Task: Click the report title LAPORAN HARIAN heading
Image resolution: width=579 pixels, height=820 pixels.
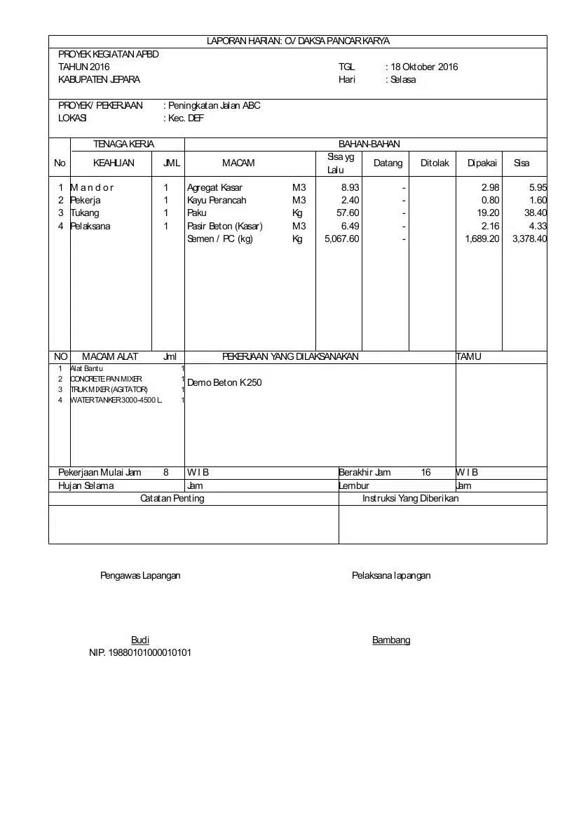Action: [298, 41]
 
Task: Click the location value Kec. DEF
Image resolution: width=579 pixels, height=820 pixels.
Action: [186, 119]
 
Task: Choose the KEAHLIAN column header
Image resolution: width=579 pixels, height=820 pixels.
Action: [114, 163]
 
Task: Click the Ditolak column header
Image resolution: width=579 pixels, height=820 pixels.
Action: [434, 163]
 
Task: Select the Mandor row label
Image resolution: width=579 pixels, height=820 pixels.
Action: [92, 187]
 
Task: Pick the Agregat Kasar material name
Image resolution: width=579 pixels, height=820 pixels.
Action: [214, 187]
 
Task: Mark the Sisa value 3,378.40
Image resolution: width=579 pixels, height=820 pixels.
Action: [529, 238]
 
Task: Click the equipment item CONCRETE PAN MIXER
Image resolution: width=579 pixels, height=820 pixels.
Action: [106, 379]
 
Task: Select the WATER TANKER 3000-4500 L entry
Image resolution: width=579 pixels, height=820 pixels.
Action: [116, 400]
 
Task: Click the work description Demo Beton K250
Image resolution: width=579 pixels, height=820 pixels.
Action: [224, 383]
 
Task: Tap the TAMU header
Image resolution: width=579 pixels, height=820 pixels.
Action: [468, 356]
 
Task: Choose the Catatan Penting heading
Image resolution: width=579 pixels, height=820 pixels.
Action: [172, 498]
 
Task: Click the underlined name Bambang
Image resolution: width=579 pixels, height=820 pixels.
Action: [391, 640]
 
